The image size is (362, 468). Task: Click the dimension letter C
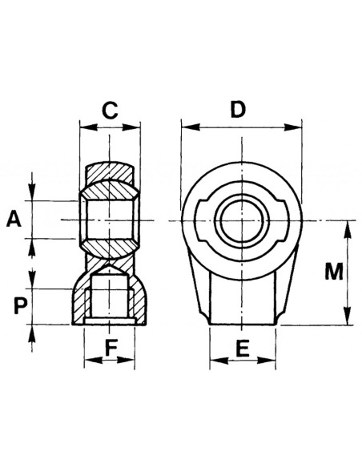(111, 111)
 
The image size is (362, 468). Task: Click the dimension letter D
(238, 109)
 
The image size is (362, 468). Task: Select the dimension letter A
(14, 219)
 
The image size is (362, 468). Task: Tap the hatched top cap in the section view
(111, 172)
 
